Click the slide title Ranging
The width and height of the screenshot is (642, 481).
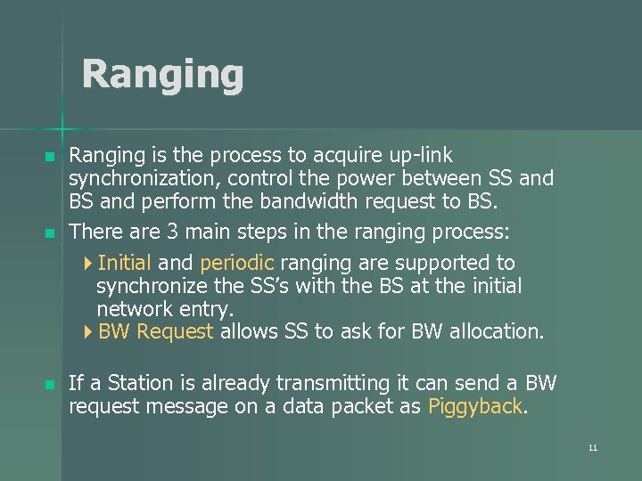coord(162,75)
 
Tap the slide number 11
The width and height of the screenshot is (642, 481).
coord(592,448)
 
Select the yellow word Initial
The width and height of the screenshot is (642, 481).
coord(125,263)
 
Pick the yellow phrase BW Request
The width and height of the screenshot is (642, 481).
coord(156,332)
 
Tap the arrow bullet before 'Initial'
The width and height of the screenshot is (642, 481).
coord(86,264)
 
